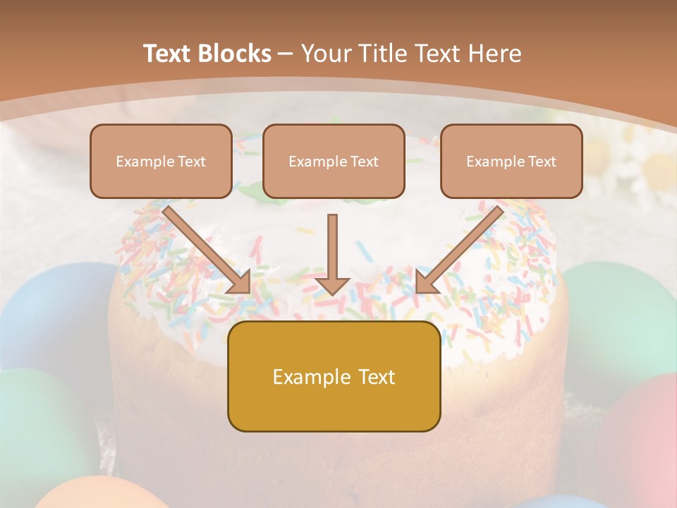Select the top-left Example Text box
pyautogui.click(x=161, y=161)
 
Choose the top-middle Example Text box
pyautogui.click(x=334, y=161)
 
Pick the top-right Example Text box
pyautogui.click(x=511, y=161)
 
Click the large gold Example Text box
pyautogui.click(x=334, y=376)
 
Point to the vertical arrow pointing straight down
pyautogui.click(x=332, y=254)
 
